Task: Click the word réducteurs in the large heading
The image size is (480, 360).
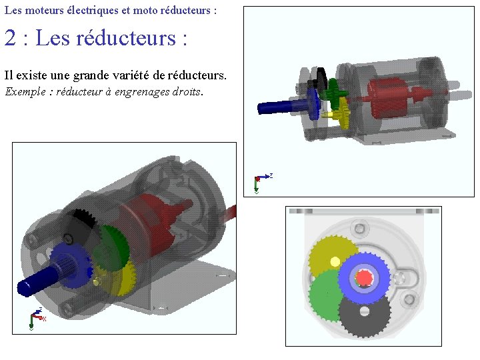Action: (x=126, y=37)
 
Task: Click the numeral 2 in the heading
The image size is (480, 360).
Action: (x=10, y=37)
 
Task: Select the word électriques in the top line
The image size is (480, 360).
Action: (x=93, y=11)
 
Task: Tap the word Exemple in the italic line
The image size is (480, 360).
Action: (x=25, y=91)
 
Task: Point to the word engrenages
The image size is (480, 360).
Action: (x=142, y=93)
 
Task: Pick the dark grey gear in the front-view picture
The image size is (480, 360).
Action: (x=365, y=317)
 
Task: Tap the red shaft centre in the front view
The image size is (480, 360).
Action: (x=364, y=278)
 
